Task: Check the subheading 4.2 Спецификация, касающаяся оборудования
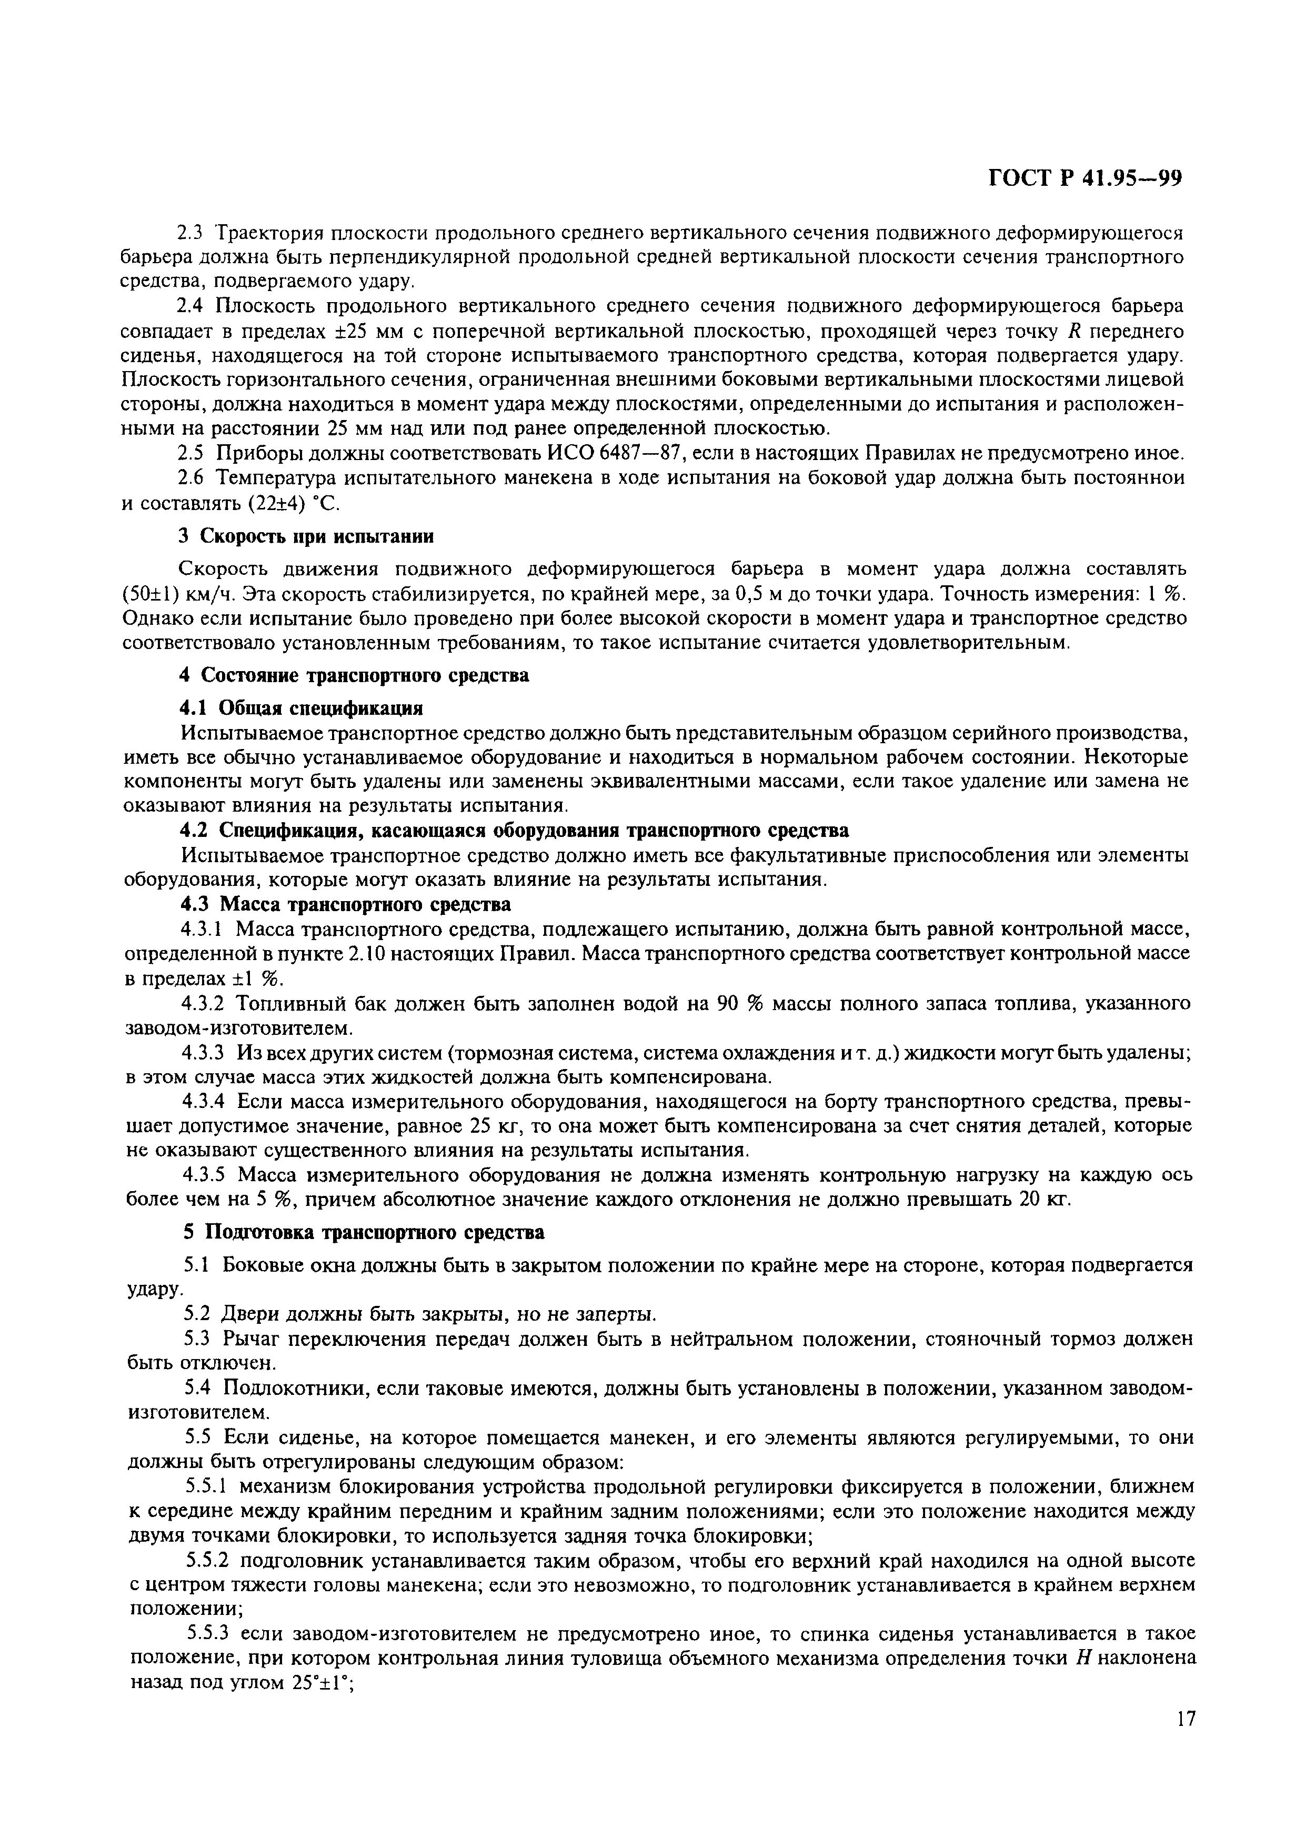click(514, 830)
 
